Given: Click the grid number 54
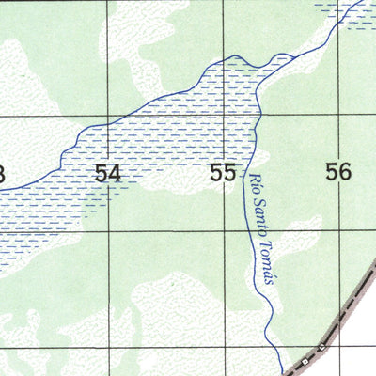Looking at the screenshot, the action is point(108,173).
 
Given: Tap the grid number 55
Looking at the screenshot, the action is point(223,173).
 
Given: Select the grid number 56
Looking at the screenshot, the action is point(337,171).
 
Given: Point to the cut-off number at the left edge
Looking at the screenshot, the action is point(3,174).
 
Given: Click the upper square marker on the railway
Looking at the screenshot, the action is point(321,347).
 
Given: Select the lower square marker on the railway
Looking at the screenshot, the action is point(305,362).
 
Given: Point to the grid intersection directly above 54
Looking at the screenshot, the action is point(107,116).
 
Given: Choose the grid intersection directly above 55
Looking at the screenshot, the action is point(222,115).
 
